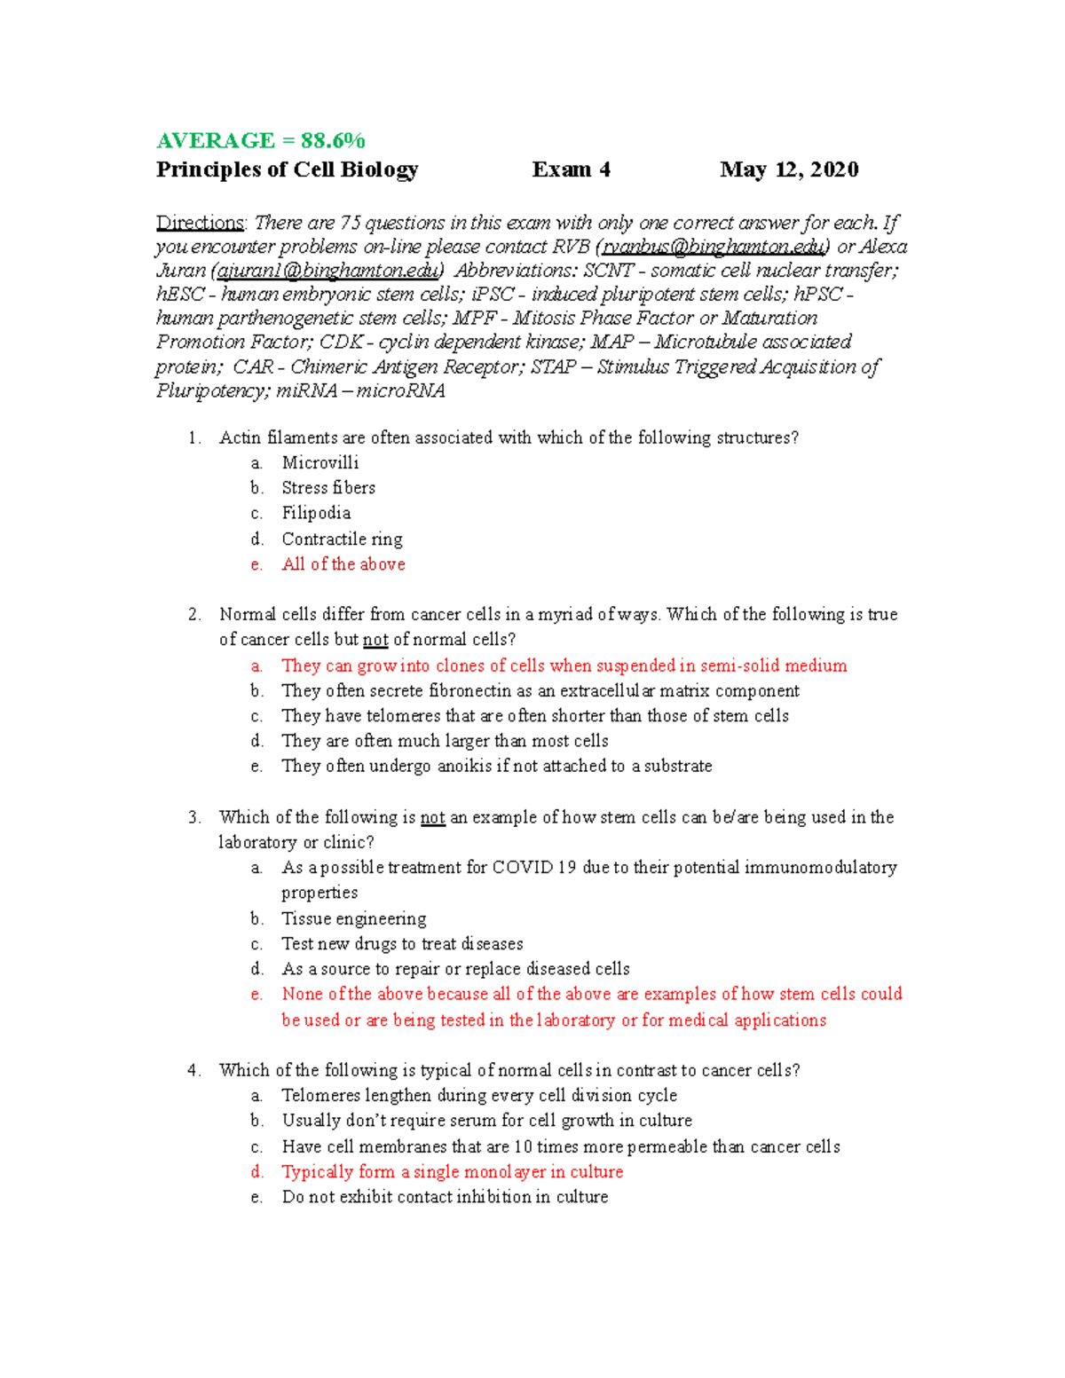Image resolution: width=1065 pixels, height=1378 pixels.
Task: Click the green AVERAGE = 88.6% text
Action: coord(260,140)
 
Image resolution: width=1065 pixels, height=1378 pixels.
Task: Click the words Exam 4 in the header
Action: coord(571,169)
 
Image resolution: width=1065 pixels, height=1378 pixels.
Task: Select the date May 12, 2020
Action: coord(789,169)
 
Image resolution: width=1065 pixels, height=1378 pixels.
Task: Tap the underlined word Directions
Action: coord(200,223)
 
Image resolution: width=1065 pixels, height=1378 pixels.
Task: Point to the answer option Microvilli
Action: coord(319,462)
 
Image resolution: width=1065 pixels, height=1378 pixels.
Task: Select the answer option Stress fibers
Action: coord(328,487)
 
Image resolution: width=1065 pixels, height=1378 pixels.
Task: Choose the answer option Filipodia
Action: coord(316,513)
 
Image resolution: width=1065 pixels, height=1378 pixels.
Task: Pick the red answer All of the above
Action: coord(343,564)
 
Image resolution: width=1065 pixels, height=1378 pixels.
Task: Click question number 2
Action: coord(194,614)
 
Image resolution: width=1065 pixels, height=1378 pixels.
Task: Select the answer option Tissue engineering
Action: coord(353,918)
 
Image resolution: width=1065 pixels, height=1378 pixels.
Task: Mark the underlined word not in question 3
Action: coord(432,817)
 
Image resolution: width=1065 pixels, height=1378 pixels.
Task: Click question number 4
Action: coord(194,1070)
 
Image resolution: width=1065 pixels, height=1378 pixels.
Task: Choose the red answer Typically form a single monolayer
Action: coord(452,1172)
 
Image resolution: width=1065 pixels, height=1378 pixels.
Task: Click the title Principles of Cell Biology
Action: coord(287,169)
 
